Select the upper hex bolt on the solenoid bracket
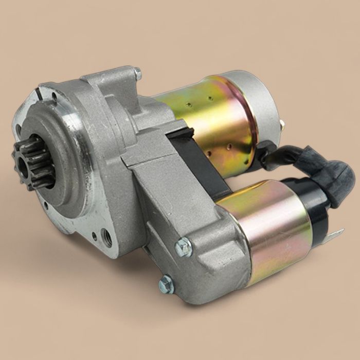[x=183, y=248]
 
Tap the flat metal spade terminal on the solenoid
[x=333, y=236]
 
